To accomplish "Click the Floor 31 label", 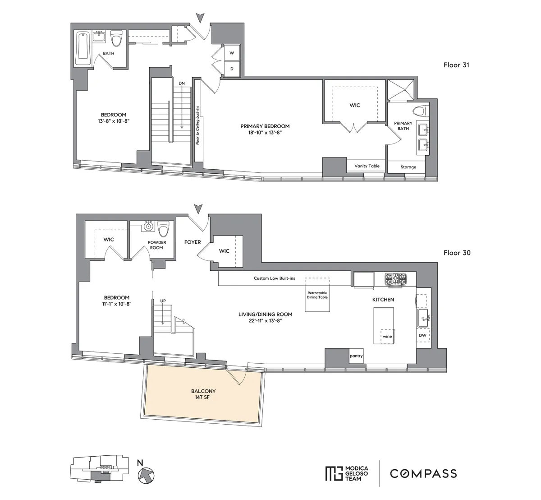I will tap(457, 65).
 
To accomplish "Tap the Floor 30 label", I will tap(457, 253).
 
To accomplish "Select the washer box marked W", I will tap(232, 53).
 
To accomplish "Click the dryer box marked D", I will tap(232, 69).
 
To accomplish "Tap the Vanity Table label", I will tap(367, 166).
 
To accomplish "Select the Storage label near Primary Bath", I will tap(408, 167).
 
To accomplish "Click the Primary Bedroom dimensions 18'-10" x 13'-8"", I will tap(265, 133).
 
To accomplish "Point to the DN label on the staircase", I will tap(181, 83).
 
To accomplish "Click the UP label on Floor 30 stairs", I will tap(162, 301).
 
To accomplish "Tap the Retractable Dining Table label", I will tap(317, 295).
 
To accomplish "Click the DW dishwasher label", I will tap(422, 335).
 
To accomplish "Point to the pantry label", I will tap(356, 356).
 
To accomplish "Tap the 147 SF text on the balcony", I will tap(203, 398).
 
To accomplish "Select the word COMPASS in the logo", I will tap(423, 473).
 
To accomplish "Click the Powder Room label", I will tap(157, 245).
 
